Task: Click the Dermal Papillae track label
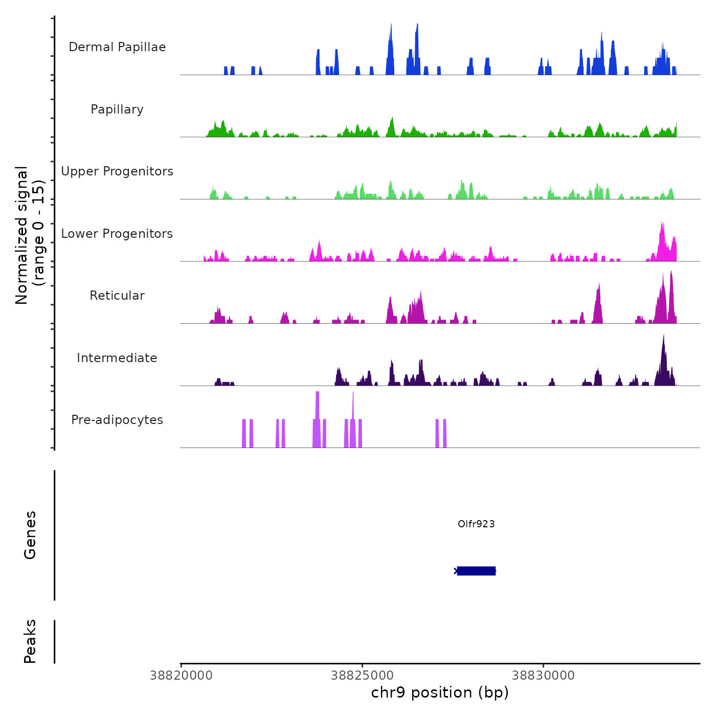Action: coord(117,47)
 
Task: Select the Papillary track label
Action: coord(117,109)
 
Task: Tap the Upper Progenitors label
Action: coord(117,171)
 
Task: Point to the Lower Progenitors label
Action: coord(117,234)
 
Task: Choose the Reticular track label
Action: coord(117,296)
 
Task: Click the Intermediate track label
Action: coord(117,358)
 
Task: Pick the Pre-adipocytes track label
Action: coord(117,420)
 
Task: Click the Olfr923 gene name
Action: coord(476,524)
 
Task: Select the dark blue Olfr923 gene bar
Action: coord(476,571)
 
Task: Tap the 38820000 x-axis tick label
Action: coord(181,675)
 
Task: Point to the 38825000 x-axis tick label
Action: coord(362,675)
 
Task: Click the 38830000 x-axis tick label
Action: coord(543,675)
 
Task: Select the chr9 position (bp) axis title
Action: coord(440,692)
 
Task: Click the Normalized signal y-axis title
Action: coord(30,235)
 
